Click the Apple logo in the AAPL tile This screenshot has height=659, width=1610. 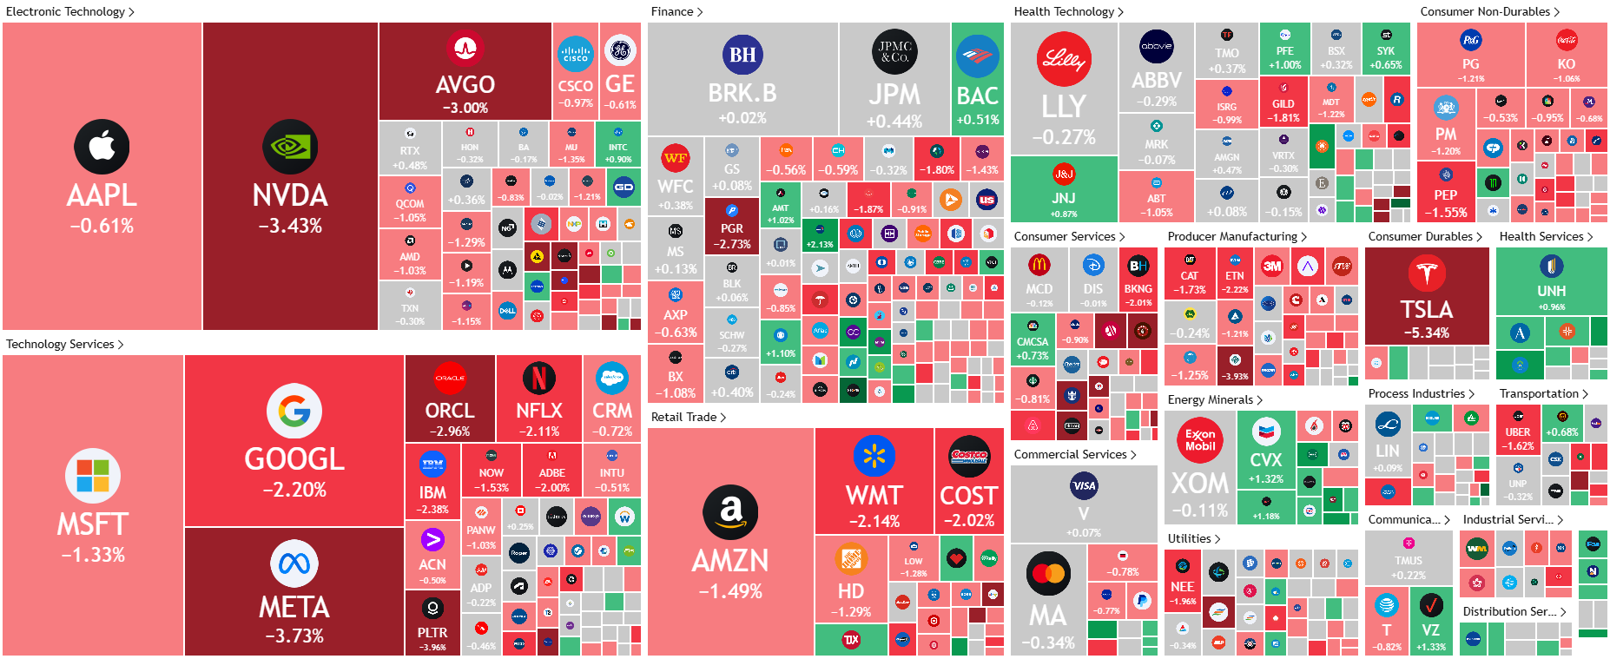pyautogui.click(x=102, y=146)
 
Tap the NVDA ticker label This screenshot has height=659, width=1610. pyautogui.click(x=290, y=195)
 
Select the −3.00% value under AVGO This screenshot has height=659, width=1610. pyautogui.click(x=465, y=108)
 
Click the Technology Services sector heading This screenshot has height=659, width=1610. pyautogui.click(x=60, y=344)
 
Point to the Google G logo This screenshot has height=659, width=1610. pyautogui.click(x=294, y=411)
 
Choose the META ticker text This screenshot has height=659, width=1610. pyautogui.click(x=294, y=607)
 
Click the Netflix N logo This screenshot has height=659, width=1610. pyautogui.click(x=538, y=378)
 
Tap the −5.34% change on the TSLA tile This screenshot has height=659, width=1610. pyautogui.click(x=1426, y=333)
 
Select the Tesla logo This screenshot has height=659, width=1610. pyautogui.click(x=1426, y=273)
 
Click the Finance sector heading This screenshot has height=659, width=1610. pyautogui.click(x=672, y=11)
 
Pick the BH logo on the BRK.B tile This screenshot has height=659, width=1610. pyautogui.click(x=742, y=55)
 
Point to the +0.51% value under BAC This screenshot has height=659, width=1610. pyautogui.click(x=977, y=120)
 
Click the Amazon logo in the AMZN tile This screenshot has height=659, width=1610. pyautogui.click(x=730, y=512)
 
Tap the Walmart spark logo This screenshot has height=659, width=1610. pyautogui.click(x=874, y=457)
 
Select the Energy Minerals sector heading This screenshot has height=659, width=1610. pyautogui.click(x=1210, y=399)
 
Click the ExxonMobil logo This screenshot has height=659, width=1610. pyautogui.click(x=1199, y=440)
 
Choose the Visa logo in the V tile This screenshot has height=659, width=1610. pyautogui.click(x=1083, y=485)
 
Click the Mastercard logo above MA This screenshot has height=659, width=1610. pyautogui.click(x=1048, y=573)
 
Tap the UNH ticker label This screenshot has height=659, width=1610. pyautogui.click(x=1551, y=291)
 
